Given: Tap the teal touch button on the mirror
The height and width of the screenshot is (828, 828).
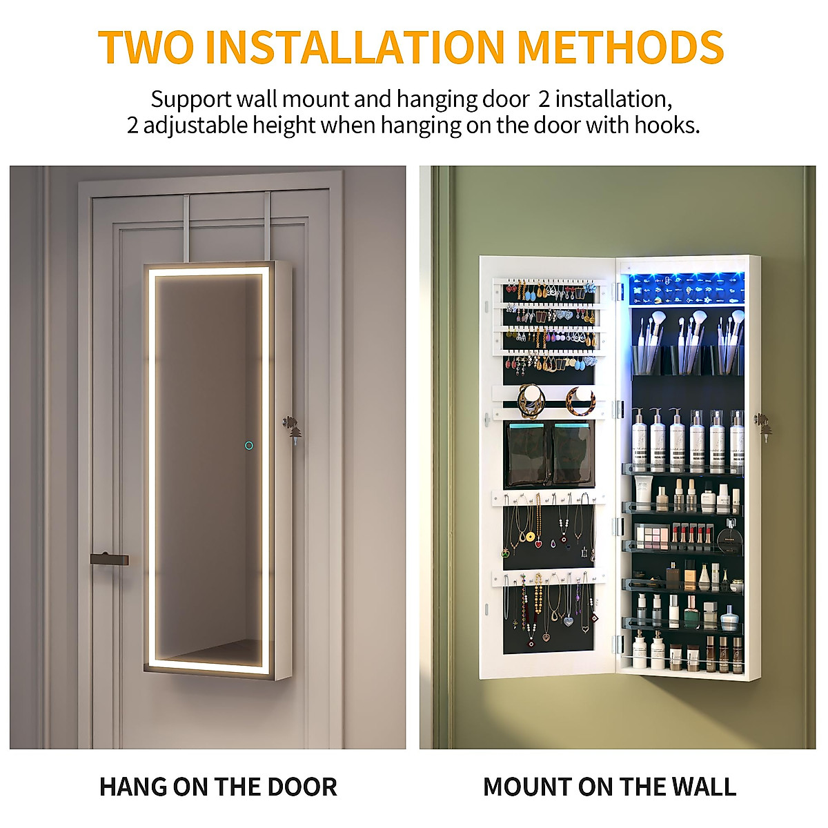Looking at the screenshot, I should point(248,445).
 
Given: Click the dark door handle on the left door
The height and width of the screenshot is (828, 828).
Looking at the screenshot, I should point(109,555).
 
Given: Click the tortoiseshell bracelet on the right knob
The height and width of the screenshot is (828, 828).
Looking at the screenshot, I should point(580,400).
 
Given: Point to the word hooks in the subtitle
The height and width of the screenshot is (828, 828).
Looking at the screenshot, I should point(663,126).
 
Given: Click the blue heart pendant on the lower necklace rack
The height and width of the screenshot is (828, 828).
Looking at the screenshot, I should point(568,620).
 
